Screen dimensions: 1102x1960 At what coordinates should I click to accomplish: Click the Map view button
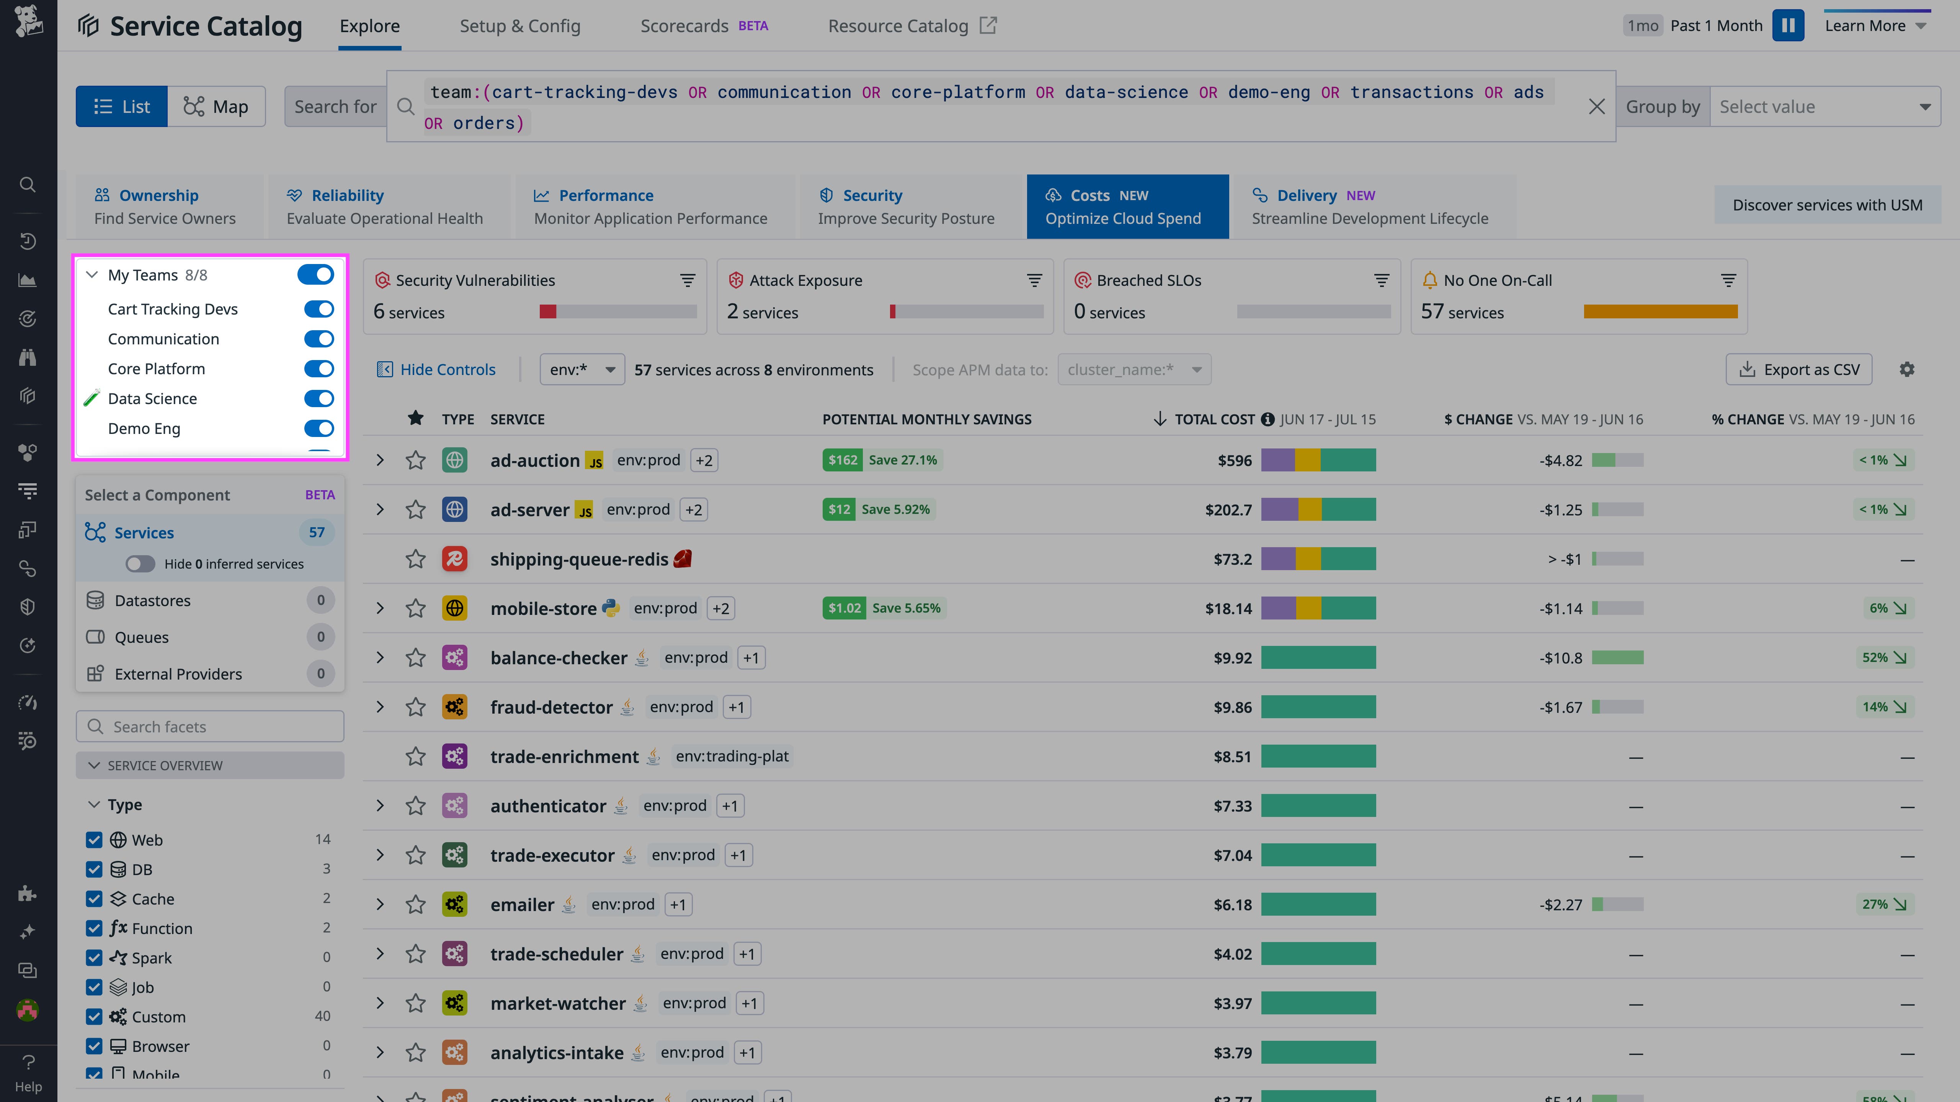click(x=216, y=106)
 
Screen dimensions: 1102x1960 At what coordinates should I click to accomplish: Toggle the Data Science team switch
click(x=319, y=398)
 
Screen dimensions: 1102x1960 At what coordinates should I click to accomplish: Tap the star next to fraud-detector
click(x=415, y=707)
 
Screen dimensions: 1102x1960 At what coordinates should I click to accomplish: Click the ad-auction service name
click(x=535, y=460)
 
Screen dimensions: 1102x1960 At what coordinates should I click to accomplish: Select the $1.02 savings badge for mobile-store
click(x=844, y=608)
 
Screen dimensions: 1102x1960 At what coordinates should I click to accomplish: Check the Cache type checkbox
click(x=94, y=899)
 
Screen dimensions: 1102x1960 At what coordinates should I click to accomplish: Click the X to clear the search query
click(x=1596, y=106)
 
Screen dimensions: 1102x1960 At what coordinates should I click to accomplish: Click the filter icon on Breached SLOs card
click(x=1381, y=280)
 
